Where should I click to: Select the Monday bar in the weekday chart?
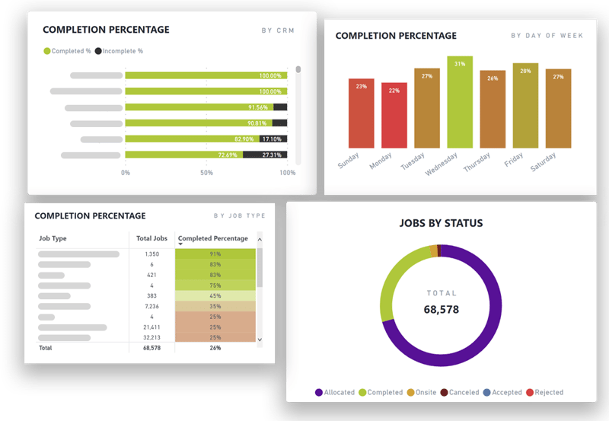click(394, 115)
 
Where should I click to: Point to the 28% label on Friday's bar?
click(525, 71)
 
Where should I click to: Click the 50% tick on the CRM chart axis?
click(206, 173)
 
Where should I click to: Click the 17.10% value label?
click(272, 139)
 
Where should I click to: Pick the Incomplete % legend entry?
click(118, 51)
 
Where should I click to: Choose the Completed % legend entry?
click(68, 51)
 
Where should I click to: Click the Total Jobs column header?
click(151, 238)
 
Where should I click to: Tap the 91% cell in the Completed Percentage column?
click(215, 254)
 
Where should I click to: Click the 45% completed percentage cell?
click(215, 295)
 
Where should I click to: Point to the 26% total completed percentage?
click(215, 348)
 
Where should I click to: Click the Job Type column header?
click(53, 238)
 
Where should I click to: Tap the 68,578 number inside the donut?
click(442, 309)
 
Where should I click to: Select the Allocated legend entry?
click(334, 393)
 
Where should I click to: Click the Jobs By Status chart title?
click(441, 223)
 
